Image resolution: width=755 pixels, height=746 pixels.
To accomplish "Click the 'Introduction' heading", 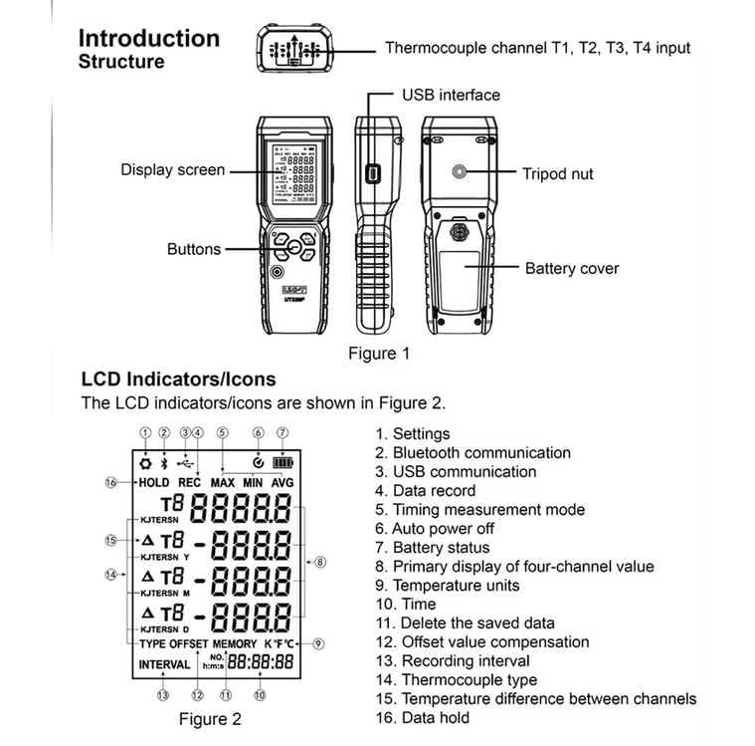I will click(148, 38).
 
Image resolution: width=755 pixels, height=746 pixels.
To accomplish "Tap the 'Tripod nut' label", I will click(557, 173).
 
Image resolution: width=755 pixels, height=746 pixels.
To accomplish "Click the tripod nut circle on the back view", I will click(458, 172).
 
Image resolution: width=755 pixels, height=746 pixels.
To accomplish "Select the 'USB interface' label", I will click(451, 95).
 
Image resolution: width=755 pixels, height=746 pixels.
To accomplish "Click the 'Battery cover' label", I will click(571, 268).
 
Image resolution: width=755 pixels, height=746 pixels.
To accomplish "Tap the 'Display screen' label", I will click(173, 169).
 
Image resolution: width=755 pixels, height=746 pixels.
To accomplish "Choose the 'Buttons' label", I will click(194, 249).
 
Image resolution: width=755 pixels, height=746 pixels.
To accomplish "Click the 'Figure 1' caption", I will click(378, 353).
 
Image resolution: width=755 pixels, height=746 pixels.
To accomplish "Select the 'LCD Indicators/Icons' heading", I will click(178, 379).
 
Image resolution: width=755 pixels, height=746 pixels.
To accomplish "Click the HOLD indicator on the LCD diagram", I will click(153, 482).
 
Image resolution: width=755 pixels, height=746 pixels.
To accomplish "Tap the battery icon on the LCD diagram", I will click(284, 462).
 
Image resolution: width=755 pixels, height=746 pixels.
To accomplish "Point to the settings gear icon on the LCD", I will click(145, 462).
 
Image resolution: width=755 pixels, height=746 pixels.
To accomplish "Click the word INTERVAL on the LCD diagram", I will click(164, 663).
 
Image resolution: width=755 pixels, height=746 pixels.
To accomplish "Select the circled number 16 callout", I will click(110, 482).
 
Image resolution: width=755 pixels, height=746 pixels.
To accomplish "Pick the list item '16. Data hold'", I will click(423, 717).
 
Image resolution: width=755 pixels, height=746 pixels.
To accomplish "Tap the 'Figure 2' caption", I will click(209, 718).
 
